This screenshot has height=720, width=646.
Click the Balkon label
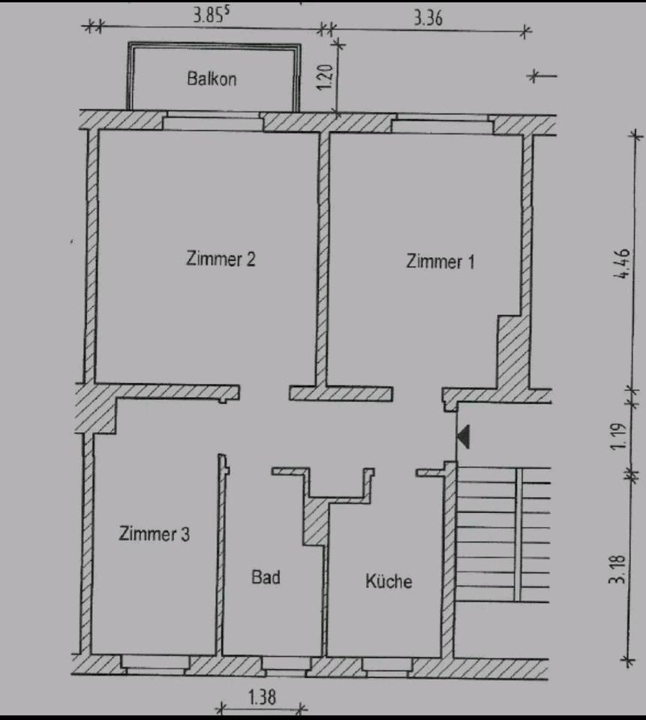(212, 79)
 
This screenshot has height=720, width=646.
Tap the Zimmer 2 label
(221, 259)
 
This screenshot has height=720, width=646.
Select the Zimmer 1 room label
(440, 262)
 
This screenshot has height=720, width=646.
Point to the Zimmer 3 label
(154, 534)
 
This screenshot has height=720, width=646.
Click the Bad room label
(266, 577)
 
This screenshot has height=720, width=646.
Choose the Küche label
(389, 581)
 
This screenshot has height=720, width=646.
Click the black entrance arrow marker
(463, 436)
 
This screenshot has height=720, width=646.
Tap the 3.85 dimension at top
(208, 16)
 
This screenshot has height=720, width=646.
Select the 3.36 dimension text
(428, 19)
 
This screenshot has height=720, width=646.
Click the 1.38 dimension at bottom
(261, 697)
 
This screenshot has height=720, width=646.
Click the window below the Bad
(284, 663)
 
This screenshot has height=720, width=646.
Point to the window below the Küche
(386, 664)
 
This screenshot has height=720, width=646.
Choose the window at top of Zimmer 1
(441, 124)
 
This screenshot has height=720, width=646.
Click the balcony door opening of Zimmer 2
(212, 122)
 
